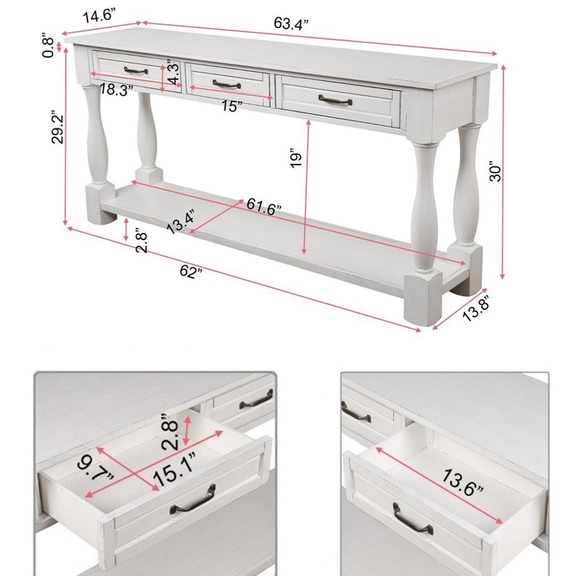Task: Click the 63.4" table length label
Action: click(291, 24)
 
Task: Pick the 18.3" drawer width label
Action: click(116, 91)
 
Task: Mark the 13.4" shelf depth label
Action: click(182, 222)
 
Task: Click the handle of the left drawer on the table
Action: click(136, 70)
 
